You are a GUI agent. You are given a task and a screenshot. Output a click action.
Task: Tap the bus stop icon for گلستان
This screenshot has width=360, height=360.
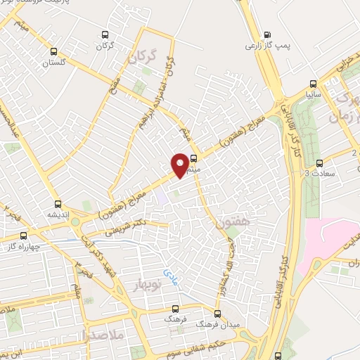click(54, 51)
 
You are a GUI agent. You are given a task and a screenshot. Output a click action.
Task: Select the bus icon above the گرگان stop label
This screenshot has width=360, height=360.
click(105, 34)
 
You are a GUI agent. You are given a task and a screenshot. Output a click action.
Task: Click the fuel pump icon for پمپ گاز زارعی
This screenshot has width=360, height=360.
click(266, 34)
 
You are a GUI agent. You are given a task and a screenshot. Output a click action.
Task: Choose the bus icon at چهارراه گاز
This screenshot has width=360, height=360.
click(23, 236)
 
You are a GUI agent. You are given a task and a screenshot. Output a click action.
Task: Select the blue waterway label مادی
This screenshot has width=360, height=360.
click(170, 271)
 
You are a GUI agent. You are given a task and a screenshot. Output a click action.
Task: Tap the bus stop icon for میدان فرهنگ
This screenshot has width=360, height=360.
click(217, 314)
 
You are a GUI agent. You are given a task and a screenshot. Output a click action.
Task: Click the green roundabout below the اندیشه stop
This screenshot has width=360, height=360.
click(87, 227)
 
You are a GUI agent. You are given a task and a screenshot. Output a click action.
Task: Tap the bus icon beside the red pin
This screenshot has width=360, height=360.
click(195, 159)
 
